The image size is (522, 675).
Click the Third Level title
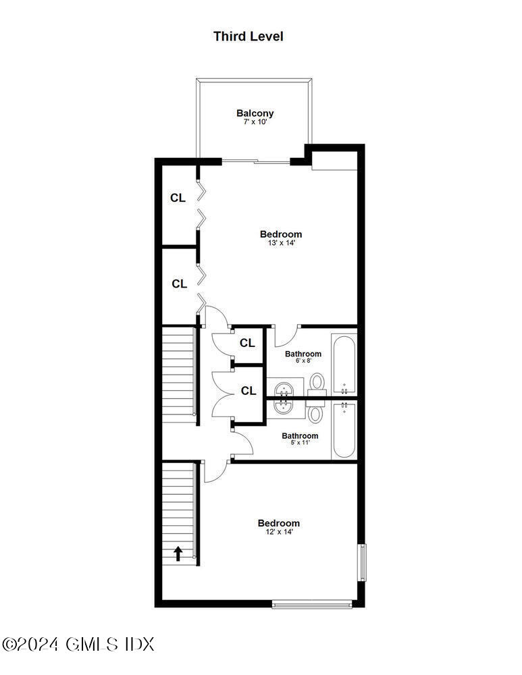[x=249, y=36]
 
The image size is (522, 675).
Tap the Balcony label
[x=255, y=113]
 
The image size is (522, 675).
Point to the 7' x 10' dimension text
[x=255, y=122]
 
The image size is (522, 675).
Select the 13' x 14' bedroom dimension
[x=280, y=243]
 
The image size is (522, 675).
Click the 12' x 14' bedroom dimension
[x=278, y=532]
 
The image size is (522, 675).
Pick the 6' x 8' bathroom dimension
[x=303, y=360]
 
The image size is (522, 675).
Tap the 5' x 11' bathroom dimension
[x=300, y=443]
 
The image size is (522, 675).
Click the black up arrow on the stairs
[x=178, y=553]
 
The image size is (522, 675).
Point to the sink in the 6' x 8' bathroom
[x=284, y=389]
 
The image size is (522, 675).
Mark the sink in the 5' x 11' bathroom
[x=284, y=405]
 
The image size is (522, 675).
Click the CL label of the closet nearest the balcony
[x=178, y=198]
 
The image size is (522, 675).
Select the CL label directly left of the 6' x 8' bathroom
[x=247, y=343]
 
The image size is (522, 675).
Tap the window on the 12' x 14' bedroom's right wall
[x=362, y=562]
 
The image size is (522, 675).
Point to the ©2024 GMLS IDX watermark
[x=78, y=644]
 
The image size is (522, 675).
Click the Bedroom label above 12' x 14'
[x=278, y=523]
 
